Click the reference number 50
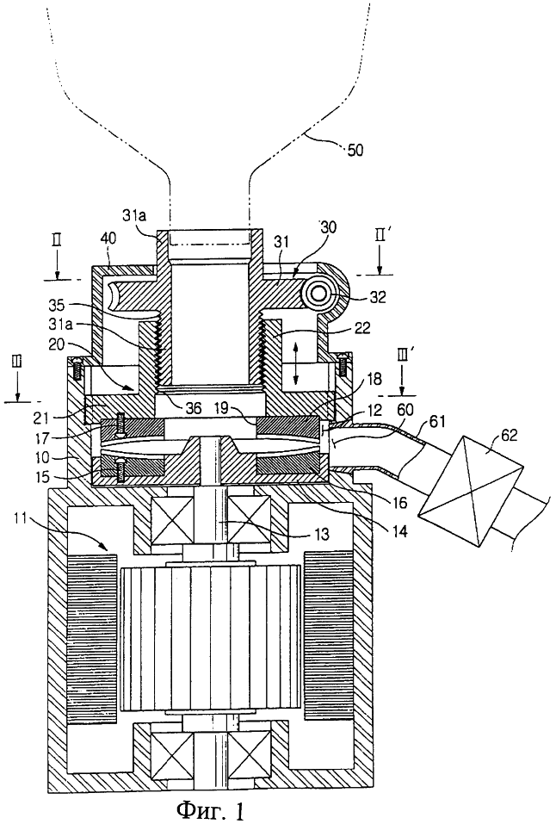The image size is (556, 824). coord(355,151)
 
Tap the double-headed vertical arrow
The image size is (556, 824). coord(296,362)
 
